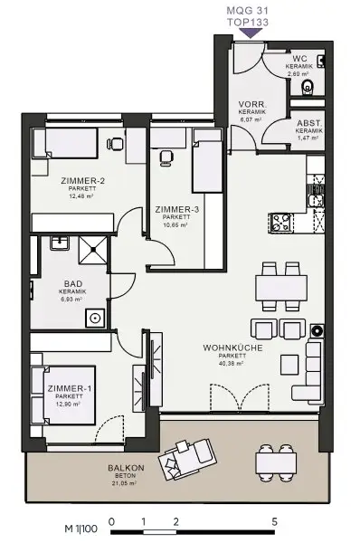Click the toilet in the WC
tap(308, 88)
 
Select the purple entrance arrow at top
tap(251, 33)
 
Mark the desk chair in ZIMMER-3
tap(166, 157)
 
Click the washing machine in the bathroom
tap(94, 318)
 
